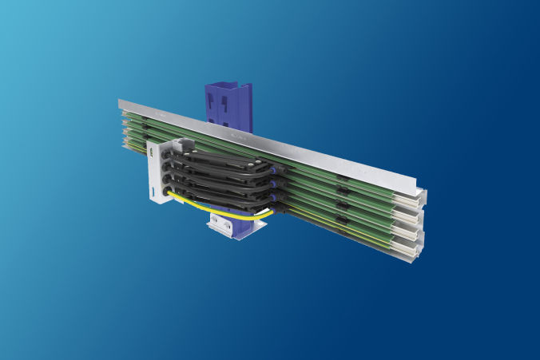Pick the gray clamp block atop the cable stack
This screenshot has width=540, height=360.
click(183, 145)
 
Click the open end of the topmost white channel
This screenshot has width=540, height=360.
click(416, 198)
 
